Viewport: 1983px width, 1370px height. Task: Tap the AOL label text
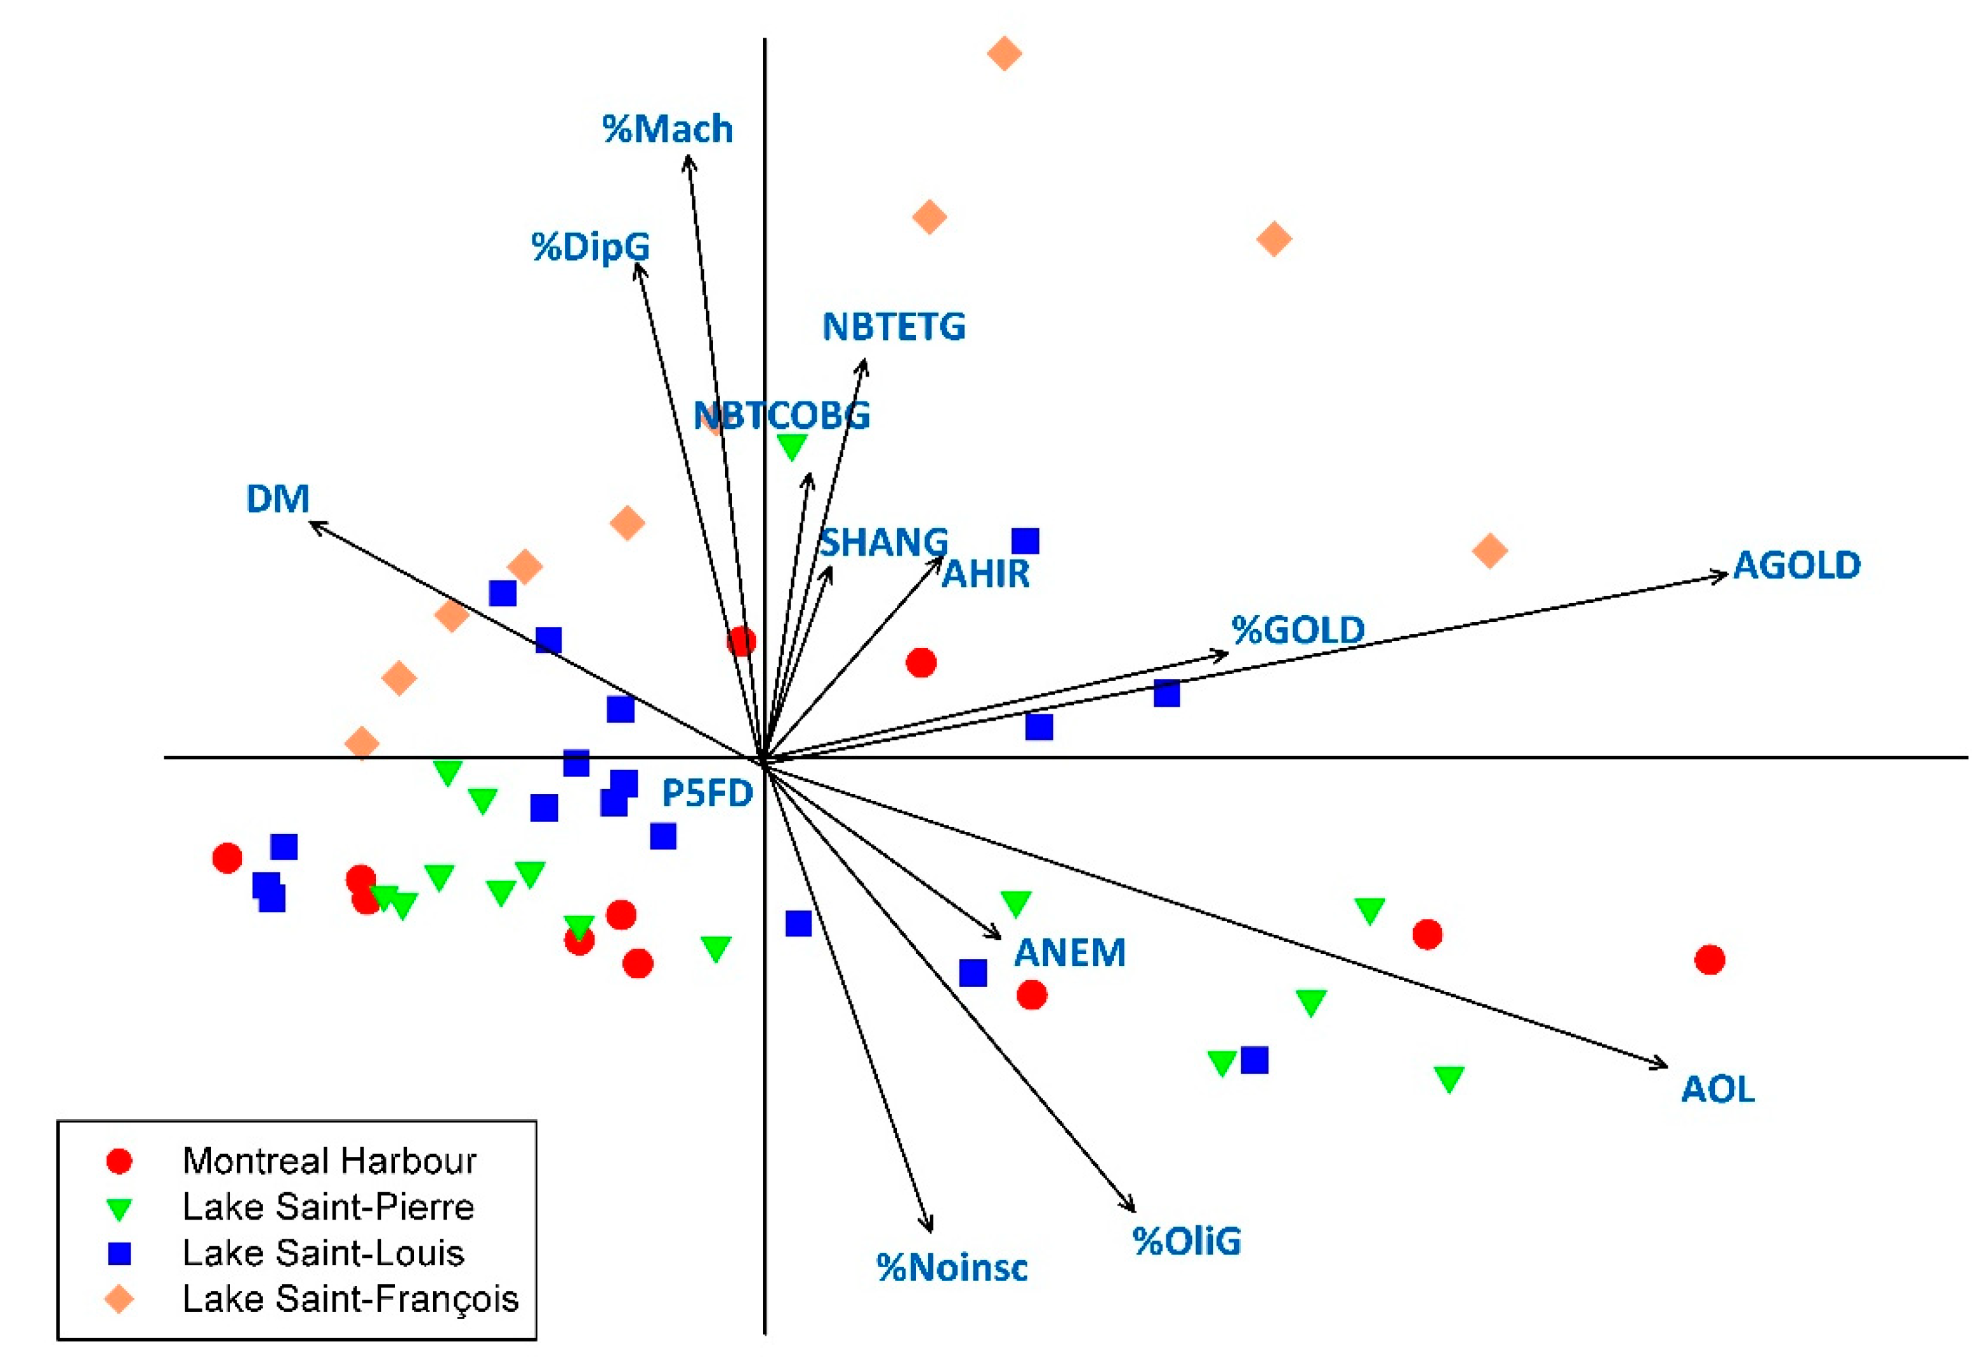[1717, 1089]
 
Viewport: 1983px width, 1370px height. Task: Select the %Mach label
[667, 129]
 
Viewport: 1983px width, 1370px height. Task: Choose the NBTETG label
[893, 327]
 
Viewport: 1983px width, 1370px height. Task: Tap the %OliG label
[1186, 1241]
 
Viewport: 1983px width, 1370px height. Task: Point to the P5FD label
[706, 793]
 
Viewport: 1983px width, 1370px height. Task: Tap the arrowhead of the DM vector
[311, 523]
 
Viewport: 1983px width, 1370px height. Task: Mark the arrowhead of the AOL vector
[1664, 1066]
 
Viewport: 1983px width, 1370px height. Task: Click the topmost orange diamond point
[1004, 54]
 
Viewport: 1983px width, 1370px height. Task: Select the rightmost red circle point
[1709, 960]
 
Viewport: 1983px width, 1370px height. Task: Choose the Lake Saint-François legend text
[350, 1299]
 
